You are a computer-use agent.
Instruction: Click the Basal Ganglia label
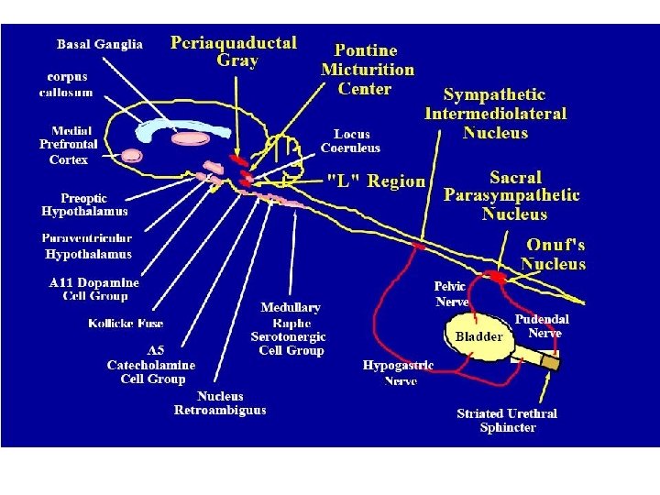pos(100,45)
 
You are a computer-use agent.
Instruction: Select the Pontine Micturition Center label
pos(367,69)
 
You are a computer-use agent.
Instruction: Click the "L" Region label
pos(377,181)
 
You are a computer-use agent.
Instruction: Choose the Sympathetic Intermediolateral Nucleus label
pos(496,114)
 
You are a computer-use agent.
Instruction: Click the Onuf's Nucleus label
pos(555,254)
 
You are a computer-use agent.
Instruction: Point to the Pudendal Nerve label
pos(542,326)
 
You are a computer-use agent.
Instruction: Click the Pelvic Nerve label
pos(452,293)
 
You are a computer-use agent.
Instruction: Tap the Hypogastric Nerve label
pos(398,372)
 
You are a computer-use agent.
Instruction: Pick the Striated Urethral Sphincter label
pos(507,421)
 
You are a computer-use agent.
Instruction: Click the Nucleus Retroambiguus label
pos(220,403)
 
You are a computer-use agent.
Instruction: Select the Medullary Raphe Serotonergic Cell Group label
pos(292,329)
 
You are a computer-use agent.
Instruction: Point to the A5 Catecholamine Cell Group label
pos(153,365)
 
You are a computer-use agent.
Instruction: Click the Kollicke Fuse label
pos(126,323)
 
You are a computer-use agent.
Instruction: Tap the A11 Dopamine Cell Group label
pos(94,290)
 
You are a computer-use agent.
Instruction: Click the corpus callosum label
pos(65,84)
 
